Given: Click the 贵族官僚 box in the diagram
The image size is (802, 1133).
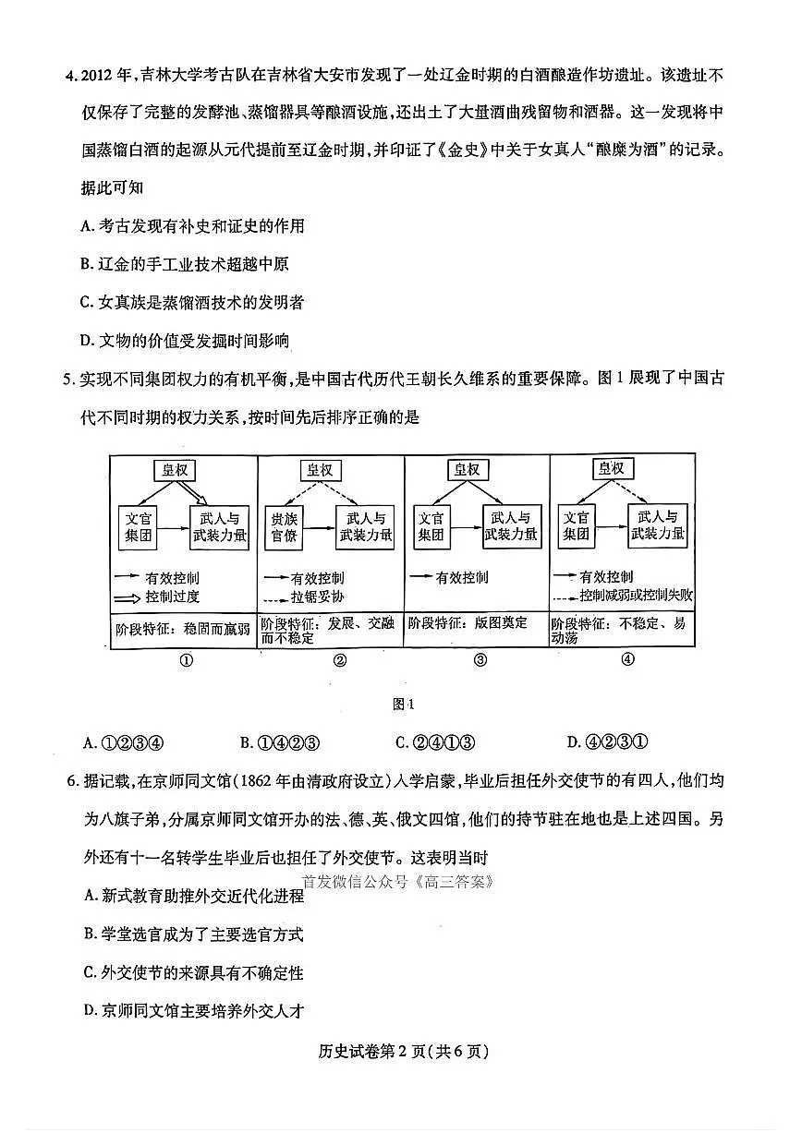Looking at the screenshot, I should click(283, 526).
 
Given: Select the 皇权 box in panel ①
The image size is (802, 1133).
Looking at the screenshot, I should click(176, 470).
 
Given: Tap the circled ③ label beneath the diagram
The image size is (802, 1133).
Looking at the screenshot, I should click(480, 659).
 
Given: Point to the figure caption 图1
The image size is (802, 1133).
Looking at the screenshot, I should click(401, 704).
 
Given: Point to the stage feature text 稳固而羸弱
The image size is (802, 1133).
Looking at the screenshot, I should click(216, 628).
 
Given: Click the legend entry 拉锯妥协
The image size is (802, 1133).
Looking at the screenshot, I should click(319, 597).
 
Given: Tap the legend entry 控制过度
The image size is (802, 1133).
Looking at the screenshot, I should click(172, 597).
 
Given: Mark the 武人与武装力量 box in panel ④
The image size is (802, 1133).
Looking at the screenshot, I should click(657, 525).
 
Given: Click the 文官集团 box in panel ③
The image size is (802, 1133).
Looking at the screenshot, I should click(430, 526).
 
